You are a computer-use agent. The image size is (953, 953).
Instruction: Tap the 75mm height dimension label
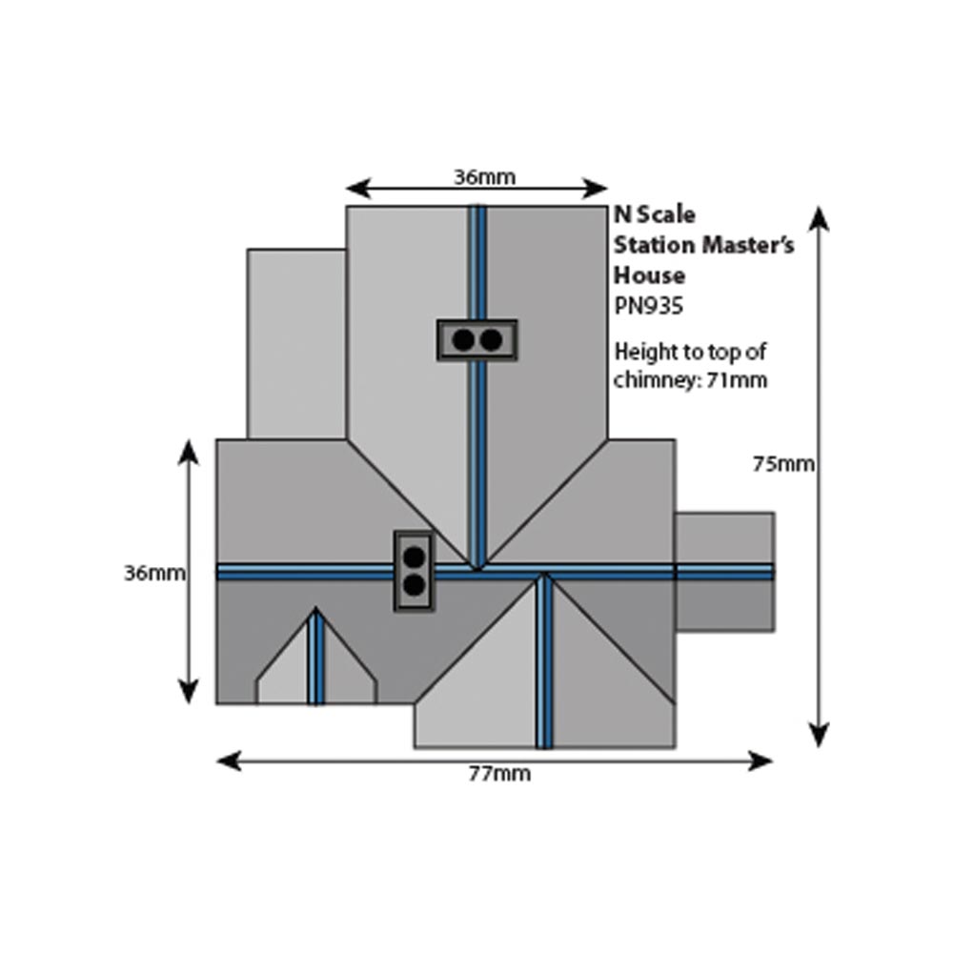pyautogui.click(x=783, y=464)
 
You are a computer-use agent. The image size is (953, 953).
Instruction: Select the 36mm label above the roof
pyautogui.click(x=484, y=176)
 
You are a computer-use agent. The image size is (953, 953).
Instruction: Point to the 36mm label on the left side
pyautogui.click(x=153, y=573)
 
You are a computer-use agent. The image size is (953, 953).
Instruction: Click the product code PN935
pyautogui.click(x=649, y=307)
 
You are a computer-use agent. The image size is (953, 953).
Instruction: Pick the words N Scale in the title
pyautogui.click(x=655, y=214)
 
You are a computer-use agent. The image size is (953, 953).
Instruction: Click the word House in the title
pyautogui.click(x=649, y=275)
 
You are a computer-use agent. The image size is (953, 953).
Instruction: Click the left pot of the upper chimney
pyautogui.click(x=463, y=339)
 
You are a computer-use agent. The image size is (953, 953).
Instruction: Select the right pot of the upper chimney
pyautogui.click(x=491, y=339)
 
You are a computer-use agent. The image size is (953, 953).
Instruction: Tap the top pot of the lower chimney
pyautogui.click(x=415, y=556)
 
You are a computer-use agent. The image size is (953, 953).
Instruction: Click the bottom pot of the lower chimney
pyautogui.click(x=415, y=584)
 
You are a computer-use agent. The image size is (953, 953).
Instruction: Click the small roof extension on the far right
pyautogui.click(x=724, y=572)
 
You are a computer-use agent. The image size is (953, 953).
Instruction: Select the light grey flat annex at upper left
pyautogui.click(x=295, y=343)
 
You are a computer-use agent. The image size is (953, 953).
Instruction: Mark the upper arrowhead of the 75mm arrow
pyautogui.click(x=819, y=219)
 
